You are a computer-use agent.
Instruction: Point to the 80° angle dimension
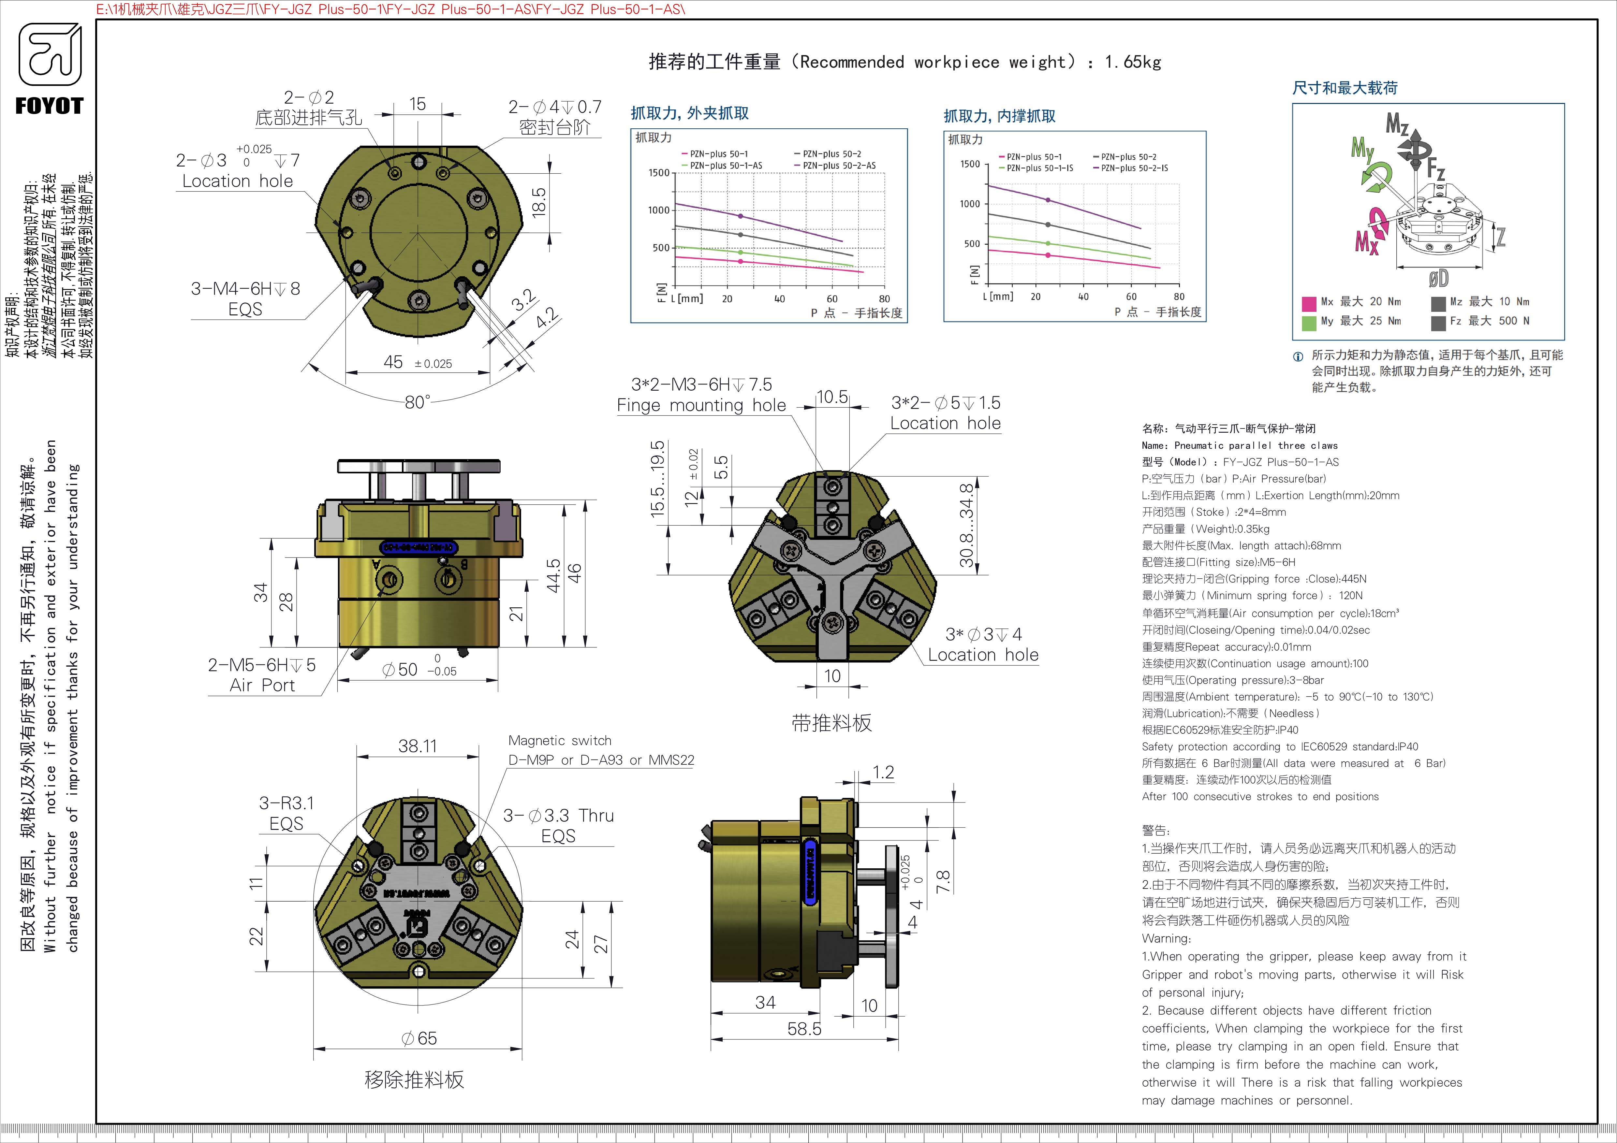pyautogui.click(x=417, y=402)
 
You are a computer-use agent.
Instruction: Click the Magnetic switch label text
pyautogui.click(x=560, y=740)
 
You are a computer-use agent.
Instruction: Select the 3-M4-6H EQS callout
pyautogui.click(x=245, y=298)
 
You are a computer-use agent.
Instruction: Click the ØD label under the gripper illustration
pyautogui.click(x=1438, y=279)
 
